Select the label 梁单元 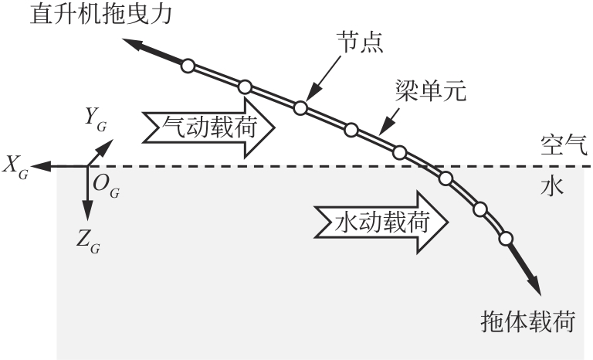tap(429, 92)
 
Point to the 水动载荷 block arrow tap(381, 223)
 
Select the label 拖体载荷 tap(527, 320)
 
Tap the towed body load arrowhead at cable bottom tap(534, 290)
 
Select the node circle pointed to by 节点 tap(300, 107)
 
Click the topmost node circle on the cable tap(186, 66)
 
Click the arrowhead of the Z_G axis tap(87, 218)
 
